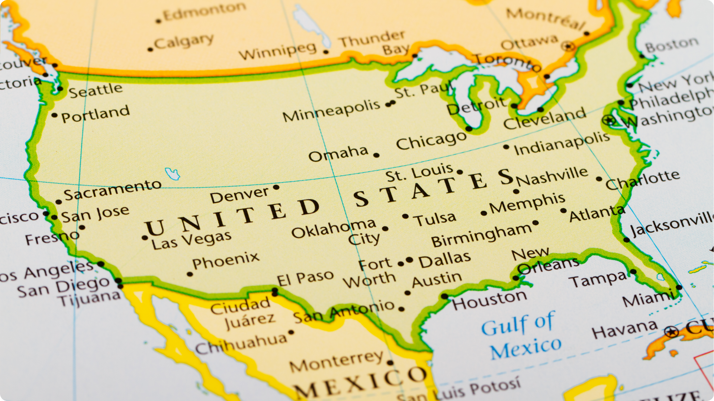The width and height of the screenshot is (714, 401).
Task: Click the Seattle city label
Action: point(96,90)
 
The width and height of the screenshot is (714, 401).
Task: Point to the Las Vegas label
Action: point(191,240)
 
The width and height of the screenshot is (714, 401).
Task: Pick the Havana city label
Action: point(625,329)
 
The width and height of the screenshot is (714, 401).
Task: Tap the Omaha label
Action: point(338,153)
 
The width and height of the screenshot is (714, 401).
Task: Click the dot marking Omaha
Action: point(376,155)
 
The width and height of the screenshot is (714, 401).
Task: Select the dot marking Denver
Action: point(276,187)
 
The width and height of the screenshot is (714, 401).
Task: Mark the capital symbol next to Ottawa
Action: point(568,47)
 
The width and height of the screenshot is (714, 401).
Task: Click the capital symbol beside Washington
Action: point(609,120)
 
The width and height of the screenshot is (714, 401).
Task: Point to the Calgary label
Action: point(184,42)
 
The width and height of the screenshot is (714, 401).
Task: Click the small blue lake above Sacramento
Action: point(172,173)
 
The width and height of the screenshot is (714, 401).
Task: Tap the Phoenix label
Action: point(226,260)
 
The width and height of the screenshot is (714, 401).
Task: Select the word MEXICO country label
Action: point(361,382)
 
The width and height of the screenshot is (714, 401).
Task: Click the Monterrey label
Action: point(336,361)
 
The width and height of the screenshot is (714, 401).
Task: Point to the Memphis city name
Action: point(527,203)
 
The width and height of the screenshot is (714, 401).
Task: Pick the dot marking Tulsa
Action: point(405,216)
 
